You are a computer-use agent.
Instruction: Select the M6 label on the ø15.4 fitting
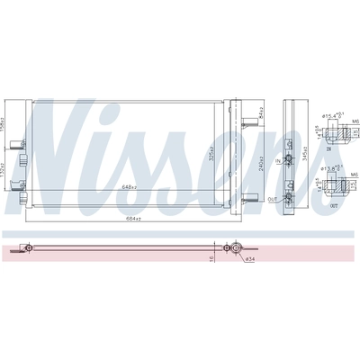pyautogui.click(x=355, y=120)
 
